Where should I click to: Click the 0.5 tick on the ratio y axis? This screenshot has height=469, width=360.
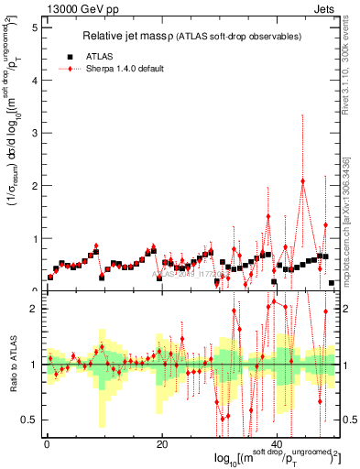pyautogui.click(x=29, y=420)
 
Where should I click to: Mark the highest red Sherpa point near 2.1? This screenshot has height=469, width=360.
pyautogui.click(x=303, y=181)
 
